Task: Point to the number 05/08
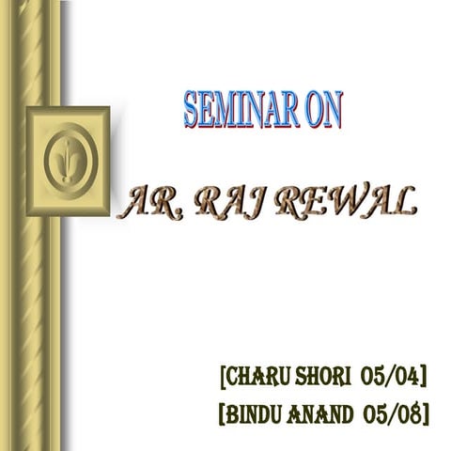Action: pyautogui.click(x=392, y=412)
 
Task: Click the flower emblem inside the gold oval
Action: pyautogui.click(x=68, y=160)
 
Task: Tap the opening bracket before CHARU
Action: pyautogui.click(x=222, y=379)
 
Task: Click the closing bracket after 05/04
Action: pyautogui.click(x=424, y=379)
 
